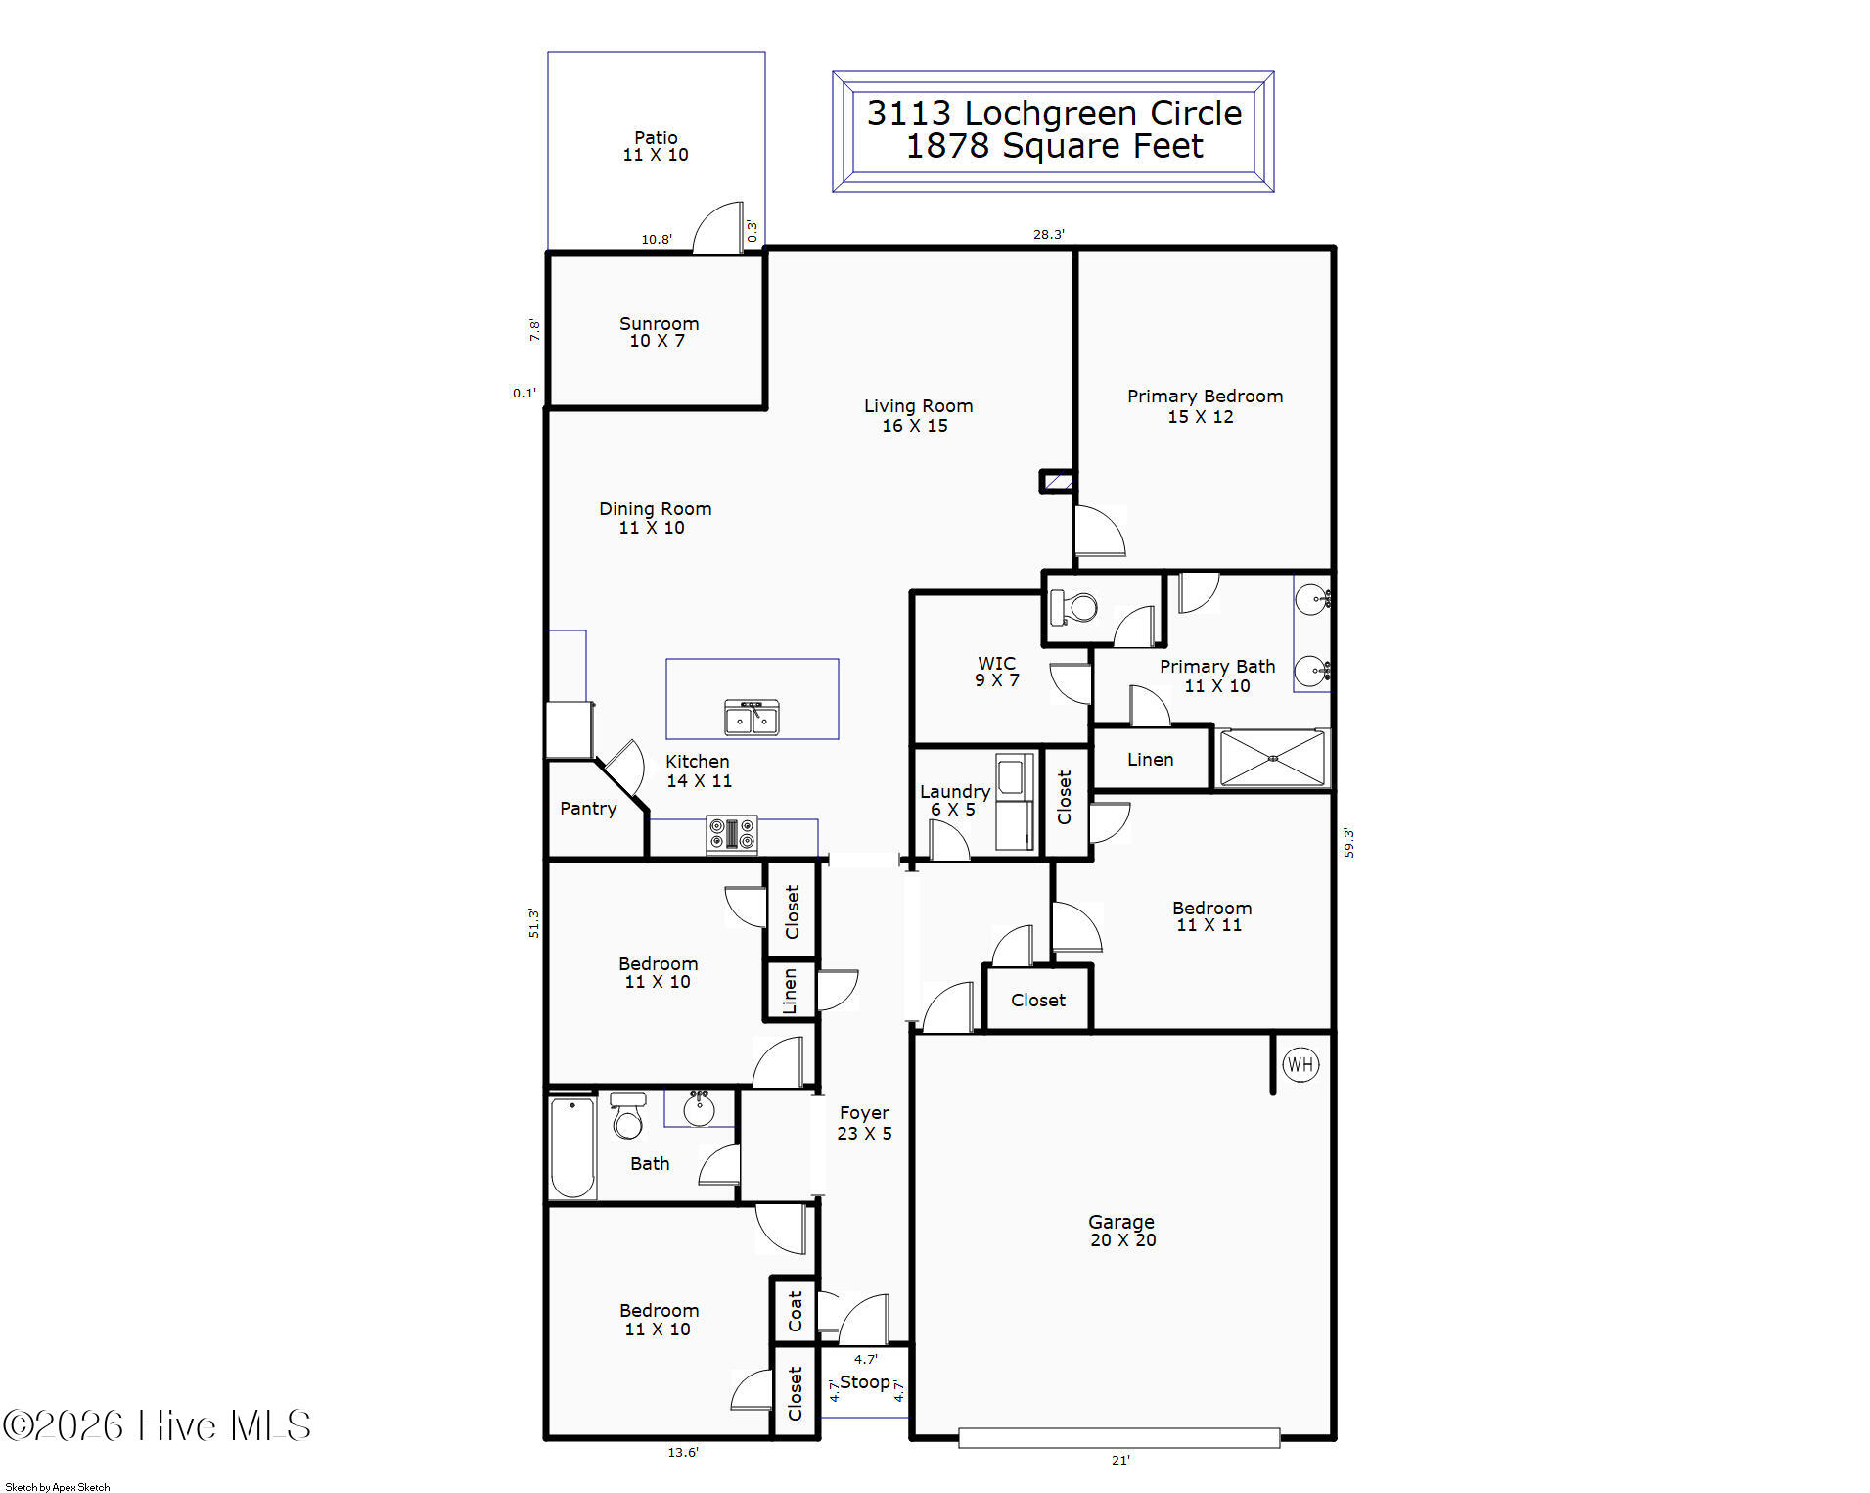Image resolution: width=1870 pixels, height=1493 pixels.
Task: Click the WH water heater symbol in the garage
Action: pyautogui.click(x=1300, y=1064)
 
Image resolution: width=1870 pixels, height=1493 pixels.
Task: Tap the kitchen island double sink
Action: pyautogui.click(x=752, y=718)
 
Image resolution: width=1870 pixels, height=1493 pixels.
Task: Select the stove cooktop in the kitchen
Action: pyautogui.click(x=732, y=835)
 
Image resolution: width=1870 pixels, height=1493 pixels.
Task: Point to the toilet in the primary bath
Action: pyautogui.click(x=1073, y=607)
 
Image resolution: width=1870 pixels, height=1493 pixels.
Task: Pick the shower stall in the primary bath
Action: pyautogui.click(x=1272, y=758)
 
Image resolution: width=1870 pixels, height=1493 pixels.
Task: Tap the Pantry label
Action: pyautogui.click(x=588, y=809)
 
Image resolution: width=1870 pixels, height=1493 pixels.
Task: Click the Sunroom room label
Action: pyautogui.click(x=659, y=324)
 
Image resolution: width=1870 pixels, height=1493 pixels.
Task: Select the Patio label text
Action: pyautogui.click(x=656, y=138)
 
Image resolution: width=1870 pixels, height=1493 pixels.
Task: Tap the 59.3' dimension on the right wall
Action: pyautogui.click(x=1348, y=843)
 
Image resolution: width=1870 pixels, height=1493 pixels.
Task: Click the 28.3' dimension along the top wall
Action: pyautogui.click(x=1048, y=234)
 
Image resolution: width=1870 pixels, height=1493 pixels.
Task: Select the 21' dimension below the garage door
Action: pyautogui.click(x=1120, y=1460)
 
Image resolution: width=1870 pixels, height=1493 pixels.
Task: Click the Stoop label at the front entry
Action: pyautogui.click(x=865, y=1382)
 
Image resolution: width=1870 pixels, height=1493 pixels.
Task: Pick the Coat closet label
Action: pyautogui.click(x=795, y=1311)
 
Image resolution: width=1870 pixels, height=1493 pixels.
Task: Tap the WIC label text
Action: pyautogui.click(x=996, y=663)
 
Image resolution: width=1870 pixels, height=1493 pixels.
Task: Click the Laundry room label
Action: pyautogui.click(x=955, y=792)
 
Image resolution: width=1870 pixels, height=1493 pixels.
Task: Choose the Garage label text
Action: pyautogui.click(x=1121, y=1222)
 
